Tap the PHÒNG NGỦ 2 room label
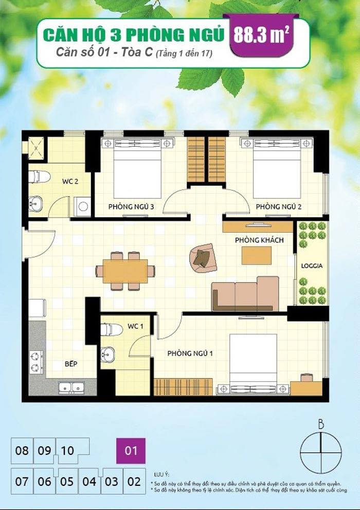(x=278, y=207)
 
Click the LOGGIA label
(x=312, y=266)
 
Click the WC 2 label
(x=70, y=181)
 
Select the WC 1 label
(x=135, y=326)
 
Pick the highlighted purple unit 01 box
(x=131, y=451)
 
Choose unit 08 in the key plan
(x=22, y=451)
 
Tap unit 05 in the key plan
(x=67, y=482)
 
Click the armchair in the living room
(x=202, y=256)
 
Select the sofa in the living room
(x=245, y=294)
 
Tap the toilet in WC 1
(x=111, y=329)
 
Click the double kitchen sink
(x=71, y=387)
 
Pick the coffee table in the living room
(x=257, y=256)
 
